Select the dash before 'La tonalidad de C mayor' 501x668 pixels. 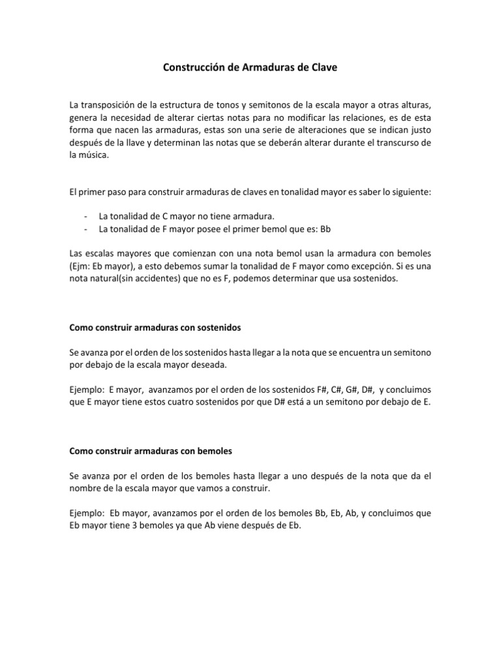coord(87,217)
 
